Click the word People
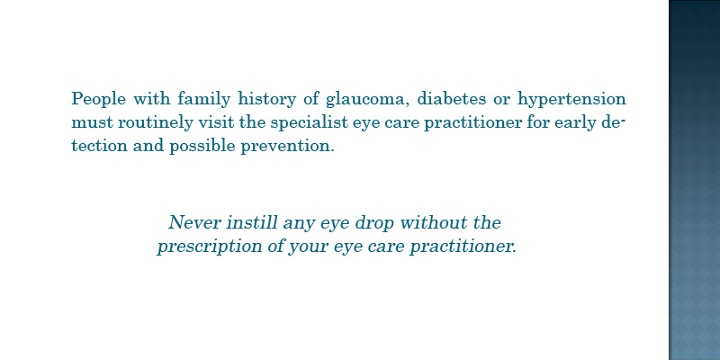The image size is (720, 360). tap(99, 99)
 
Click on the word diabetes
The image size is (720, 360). tap(451, 98)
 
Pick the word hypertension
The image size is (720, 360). tap(572, 99)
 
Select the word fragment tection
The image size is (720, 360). tap(99, 146)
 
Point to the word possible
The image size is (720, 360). tap(202, 147)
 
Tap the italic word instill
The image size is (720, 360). tap(253, 222)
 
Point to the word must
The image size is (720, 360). tap(93, 122)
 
